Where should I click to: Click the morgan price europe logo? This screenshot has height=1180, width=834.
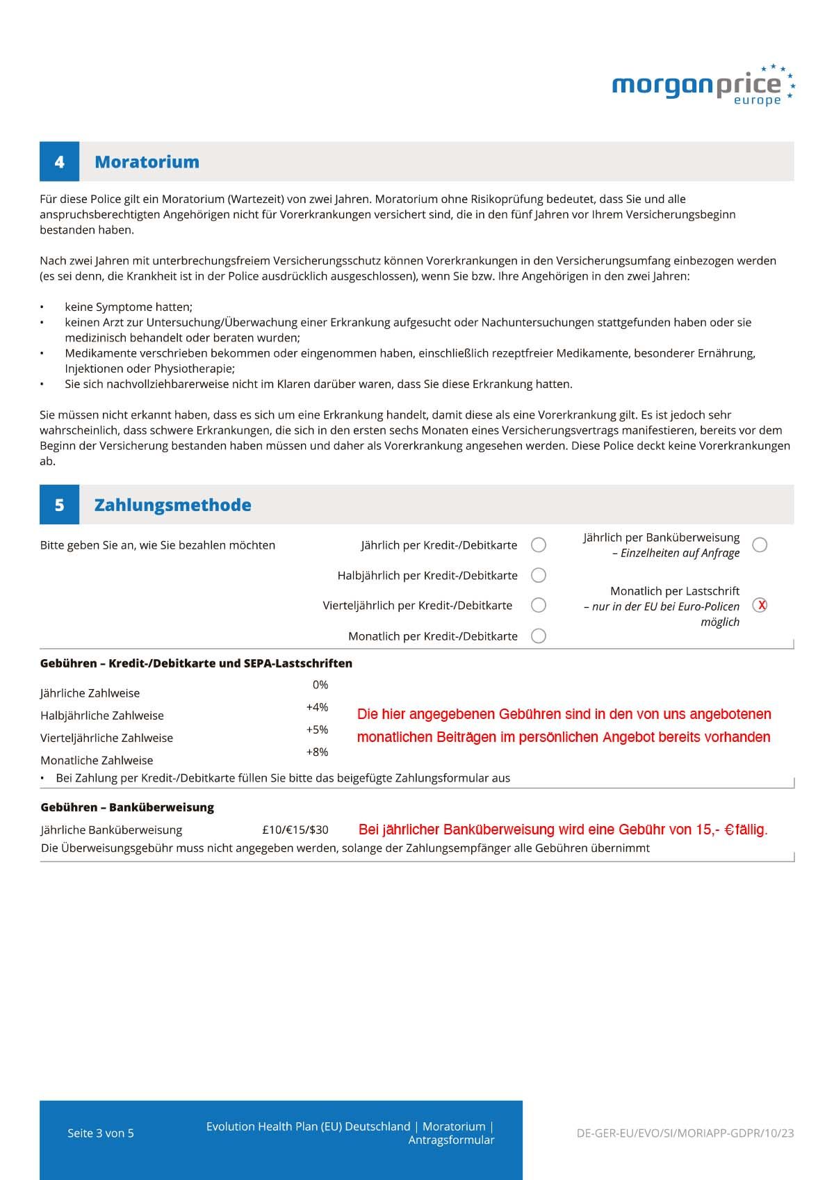coord(702,86)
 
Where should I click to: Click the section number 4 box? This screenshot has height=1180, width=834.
coord(59,162)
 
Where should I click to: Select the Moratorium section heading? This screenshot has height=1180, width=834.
coord(147,162)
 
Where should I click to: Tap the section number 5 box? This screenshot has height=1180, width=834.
coord(59,505)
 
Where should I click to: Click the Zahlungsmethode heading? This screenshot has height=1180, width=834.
coord(172,505)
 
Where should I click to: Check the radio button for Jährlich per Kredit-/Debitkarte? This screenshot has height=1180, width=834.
coord(538,545)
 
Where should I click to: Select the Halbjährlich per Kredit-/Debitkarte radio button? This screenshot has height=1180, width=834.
coord(538,575)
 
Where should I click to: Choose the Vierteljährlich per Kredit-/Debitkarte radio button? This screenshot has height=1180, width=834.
coord(538,605)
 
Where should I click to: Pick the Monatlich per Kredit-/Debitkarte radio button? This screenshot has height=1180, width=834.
coord(538,636)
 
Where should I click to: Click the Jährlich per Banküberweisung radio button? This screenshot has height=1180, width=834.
coord(760,545)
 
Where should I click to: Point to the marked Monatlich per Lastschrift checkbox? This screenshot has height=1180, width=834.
coord(760,605)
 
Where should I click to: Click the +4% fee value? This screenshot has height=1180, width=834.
coord(317,707)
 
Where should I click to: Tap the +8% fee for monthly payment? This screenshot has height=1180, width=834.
coord(317,752)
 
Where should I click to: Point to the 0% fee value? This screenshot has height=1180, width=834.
coord(320,685)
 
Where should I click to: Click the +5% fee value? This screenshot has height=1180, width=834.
coord(317,729)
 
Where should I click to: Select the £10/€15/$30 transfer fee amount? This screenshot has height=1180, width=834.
coord(295,830)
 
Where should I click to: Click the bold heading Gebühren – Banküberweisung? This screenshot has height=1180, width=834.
coord(127,807)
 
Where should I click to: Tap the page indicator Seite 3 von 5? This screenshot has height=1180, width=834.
coord(101,1133)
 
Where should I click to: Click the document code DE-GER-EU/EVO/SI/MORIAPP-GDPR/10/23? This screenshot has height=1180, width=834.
coord(685,1133)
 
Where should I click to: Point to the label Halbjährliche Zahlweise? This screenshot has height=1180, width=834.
coord(102,716)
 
